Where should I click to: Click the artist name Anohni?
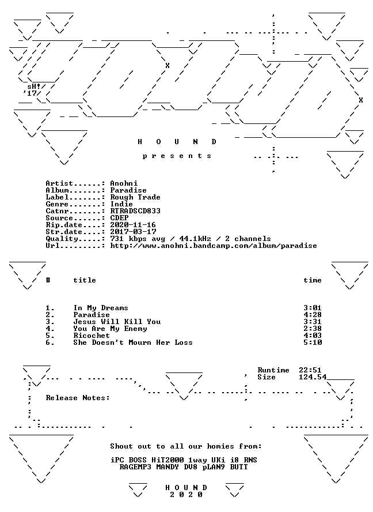[x=124, y=183]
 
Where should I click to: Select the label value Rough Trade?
[x=135, y=197]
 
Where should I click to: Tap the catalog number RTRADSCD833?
[x=135, y=211]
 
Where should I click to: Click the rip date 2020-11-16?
[x=133, y=225]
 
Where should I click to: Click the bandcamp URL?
[x=214, y=246]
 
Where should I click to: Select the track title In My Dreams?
[x=101, y=308]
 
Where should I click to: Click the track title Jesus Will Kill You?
[x=117, y=322]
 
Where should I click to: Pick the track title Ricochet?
[x=92, y=336]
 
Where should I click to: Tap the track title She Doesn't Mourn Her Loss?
[x=133, y=342]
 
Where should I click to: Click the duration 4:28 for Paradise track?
[x=313, y=315]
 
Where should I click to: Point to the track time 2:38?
[x=313, y=329]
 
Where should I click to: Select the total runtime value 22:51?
[x=310, y=370]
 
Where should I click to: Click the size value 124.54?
[x=313, y=377]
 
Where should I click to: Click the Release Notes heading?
[x=78, y=398]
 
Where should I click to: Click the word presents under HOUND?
[x=177, y=156]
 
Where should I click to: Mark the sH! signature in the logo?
[x=34, y=86]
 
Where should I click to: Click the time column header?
[x=313, y=280]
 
